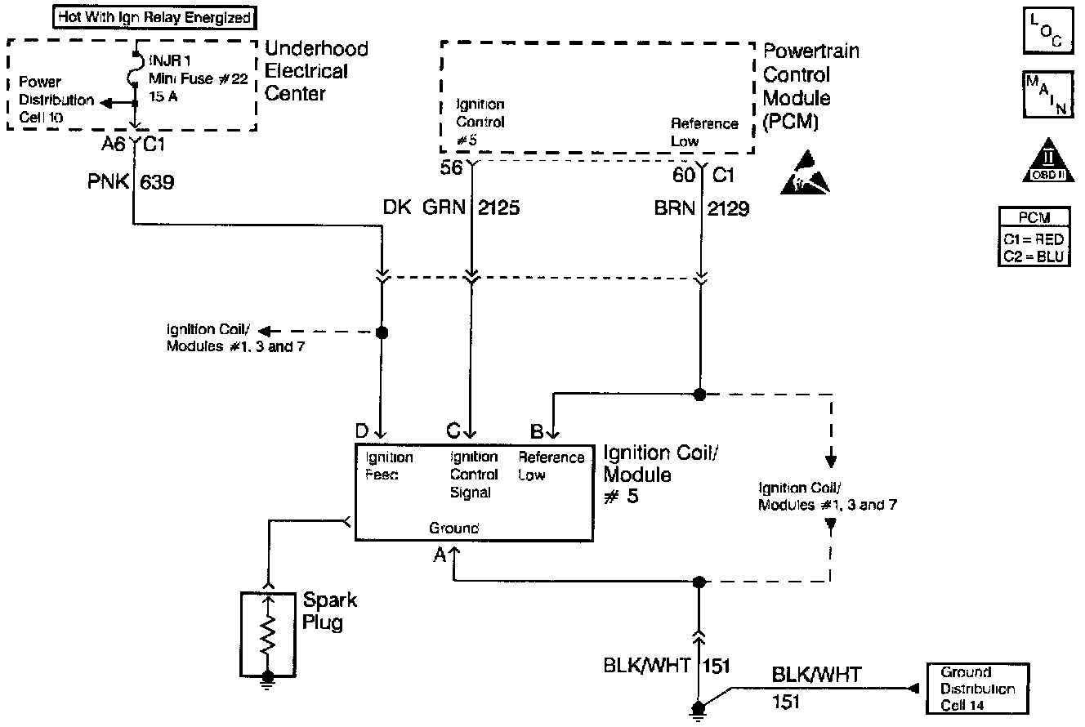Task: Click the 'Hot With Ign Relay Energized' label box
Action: (154, 16)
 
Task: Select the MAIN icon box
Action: (1045, 96)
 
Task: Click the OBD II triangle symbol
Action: (1045, 164)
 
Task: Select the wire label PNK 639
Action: (130, 183)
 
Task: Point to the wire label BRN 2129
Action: (701, 208)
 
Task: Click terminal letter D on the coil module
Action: (361, 429)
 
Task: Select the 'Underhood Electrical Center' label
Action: (316, 71)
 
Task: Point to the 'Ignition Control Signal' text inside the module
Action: (474, 475)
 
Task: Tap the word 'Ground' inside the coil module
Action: (453, 528)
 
